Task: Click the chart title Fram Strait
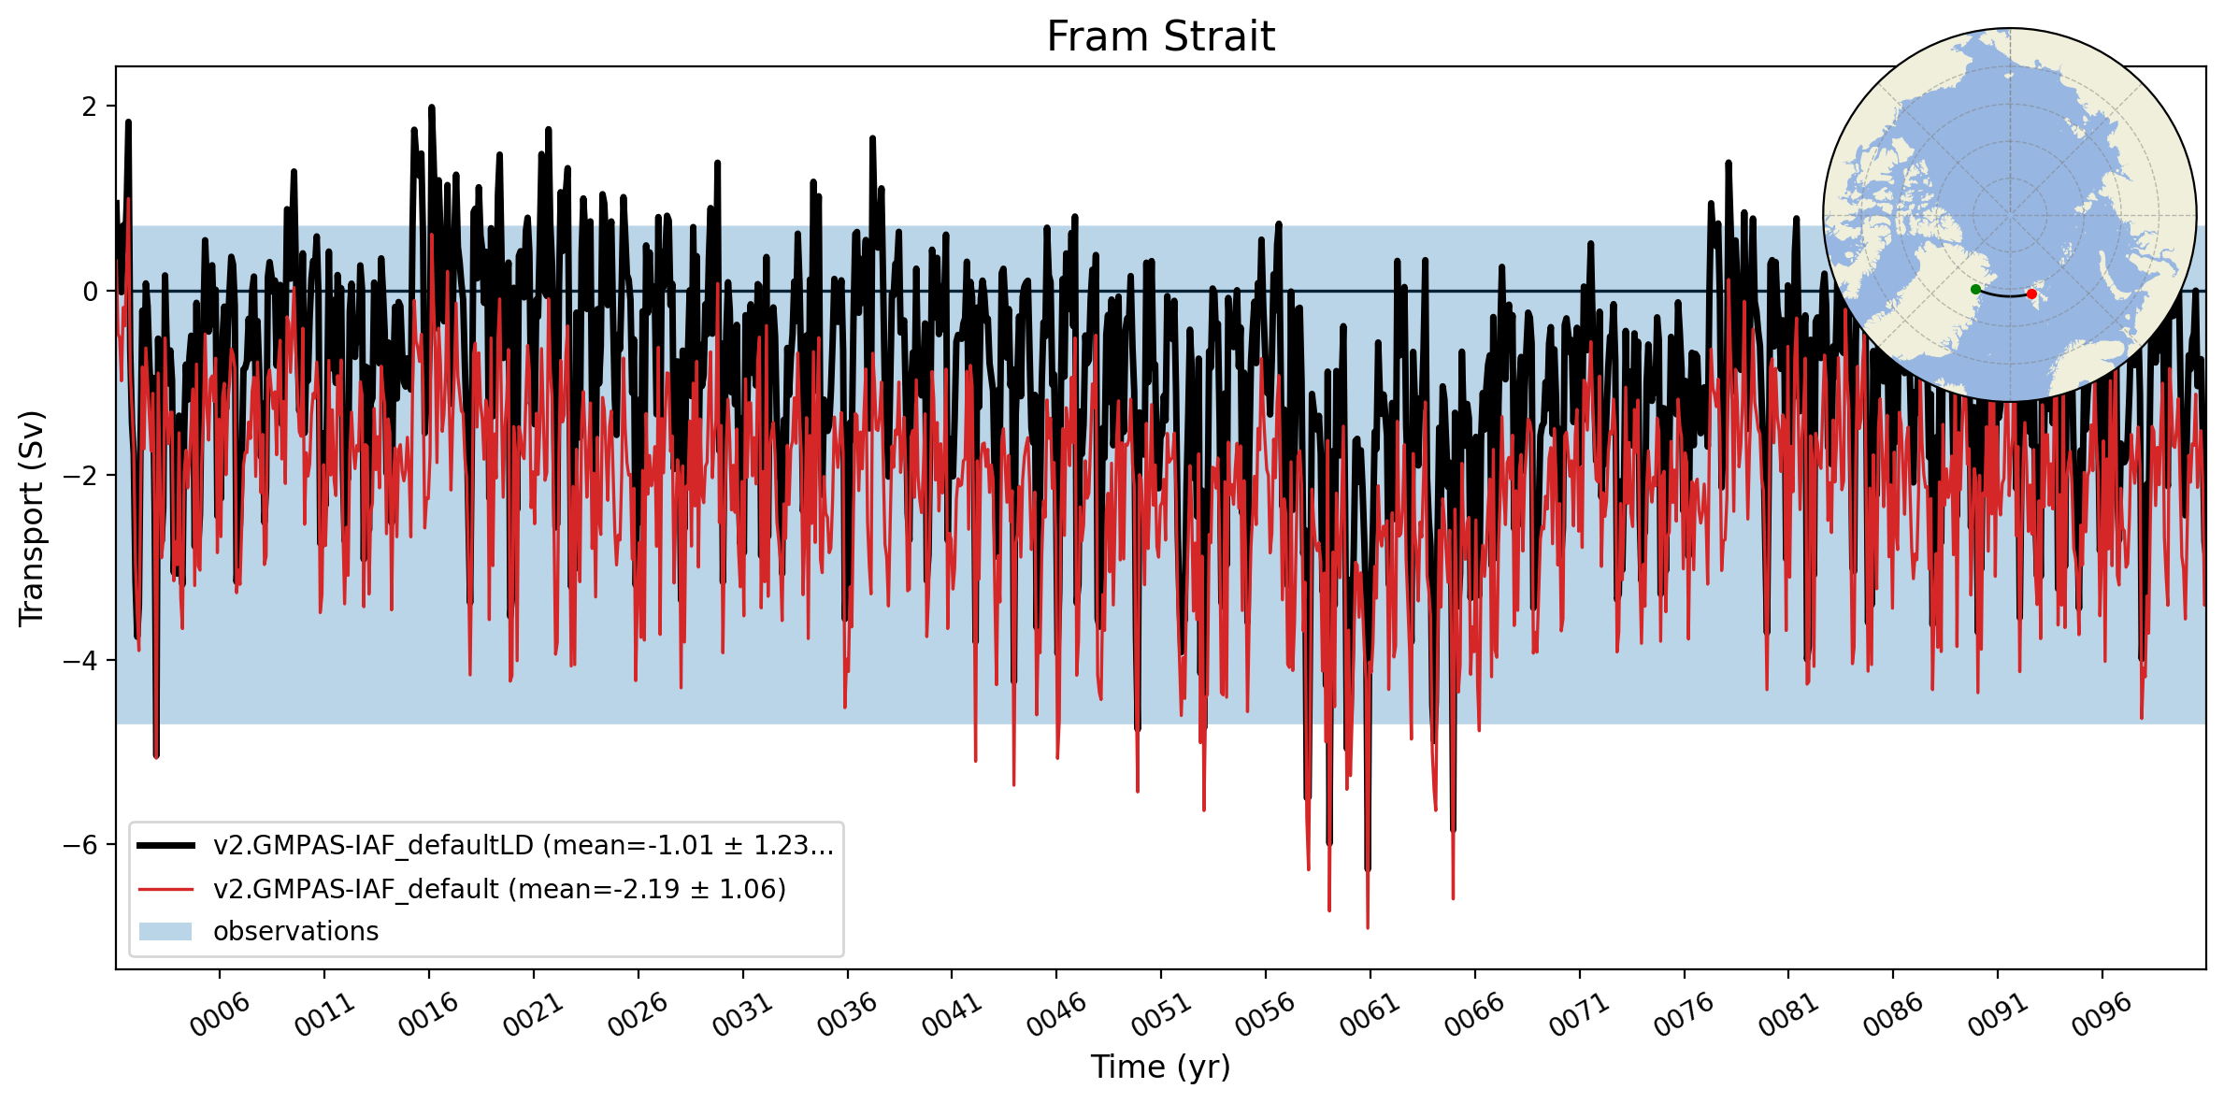pos(1160,36)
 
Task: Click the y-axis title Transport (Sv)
pos(32,518)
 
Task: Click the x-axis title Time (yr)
pos(1160,1067)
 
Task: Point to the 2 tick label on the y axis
pos(89,107)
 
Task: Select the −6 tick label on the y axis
pos(79,845)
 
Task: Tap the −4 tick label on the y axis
pos(79,661)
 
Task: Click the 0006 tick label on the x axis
pos(221,1014)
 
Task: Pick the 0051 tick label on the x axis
pos(1162,1014)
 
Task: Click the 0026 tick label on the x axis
pos(639,1014)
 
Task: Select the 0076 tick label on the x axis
pos(1686,1014)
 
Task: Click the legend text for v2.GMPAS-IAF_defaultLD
pos(524,845)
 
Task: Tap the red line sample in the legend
pos(165,889)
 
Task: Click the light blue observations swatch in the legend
pos(165,931)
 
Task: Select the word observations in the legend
pos(296,931)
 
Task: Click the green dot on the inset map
pos(1975,290)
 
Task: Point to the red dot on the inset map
pos(2031,294)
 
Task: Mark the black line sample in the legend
pos(165,846)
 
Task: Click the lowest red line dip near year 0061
pos(1368,927)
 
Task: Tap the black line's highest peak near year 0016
pos(431,107)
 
